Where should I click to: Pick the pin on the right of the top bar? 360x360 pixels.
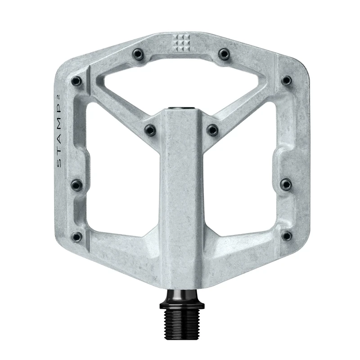(224, 54)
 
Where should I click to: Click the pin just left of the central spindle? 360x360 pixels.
(150, 130)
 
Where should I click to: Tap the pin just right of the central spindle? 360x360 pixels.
(212, 130)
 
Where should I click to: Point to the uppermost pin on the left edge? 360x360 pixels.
(77, 81)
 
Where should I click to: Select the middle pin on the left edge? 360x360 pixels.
(77, 184)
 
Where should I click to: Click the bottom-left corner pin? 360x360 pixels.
(77, 236)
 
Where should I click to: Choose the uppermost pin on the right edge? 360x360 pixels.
(286, 81)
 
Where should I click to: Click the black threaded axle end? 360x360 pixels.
(181, 318)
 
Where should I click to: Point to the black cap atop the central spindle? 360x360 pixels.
(181, 108)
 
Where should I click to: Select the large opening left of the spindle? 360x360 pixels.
(119, 180)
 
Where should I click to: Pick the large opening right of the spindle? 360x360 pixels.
(243, 180)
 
